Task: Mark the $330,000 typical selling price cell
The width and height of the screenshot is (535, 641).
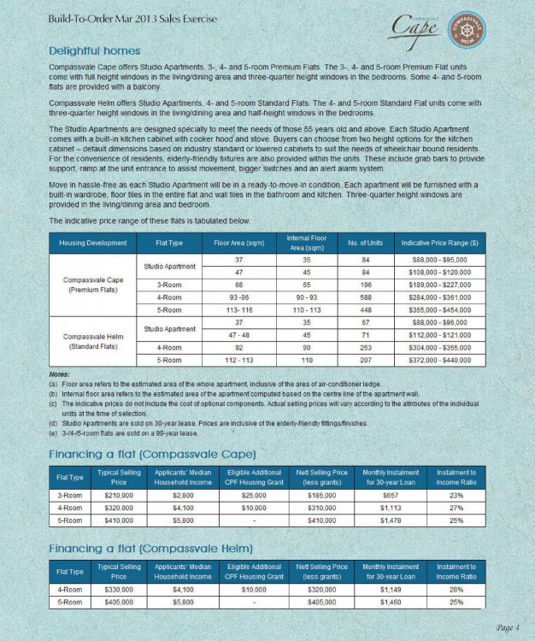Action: [119, 588]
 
